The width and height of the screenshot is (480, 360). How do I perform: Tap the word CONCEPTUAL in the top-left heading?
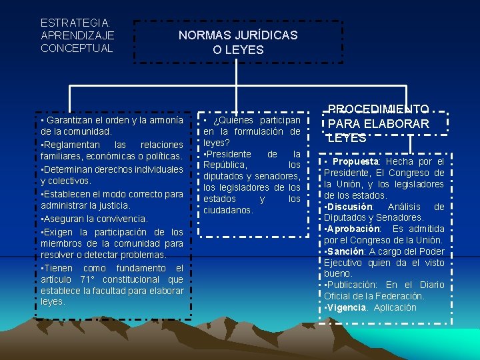coord(77,48)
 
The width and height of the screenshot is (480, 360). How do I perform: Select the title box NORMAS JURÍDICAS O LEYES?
coord(238,42)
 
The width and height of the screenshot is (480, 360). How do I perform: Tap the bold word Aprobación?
coord(353,229)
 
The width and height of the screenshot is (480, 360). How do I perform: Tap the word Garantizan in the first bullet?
coord(71,121)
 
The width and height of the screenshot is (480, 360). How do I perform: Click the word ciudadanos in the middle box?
coord(228,210)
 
